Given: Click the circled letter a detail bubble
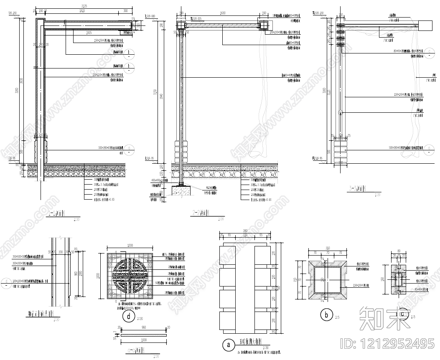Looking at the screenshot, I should [x=228, y=345].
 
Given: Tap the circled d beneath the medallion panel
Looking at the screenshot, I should [x=129, y=317].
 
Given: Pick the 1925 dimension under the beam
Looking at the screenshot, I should [x=89, y=33].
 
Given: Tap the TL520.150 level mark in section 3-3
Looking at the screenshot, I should [x=318, y=13].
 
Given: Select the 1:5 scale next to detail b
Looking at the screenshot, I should [x=337, y=318].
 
